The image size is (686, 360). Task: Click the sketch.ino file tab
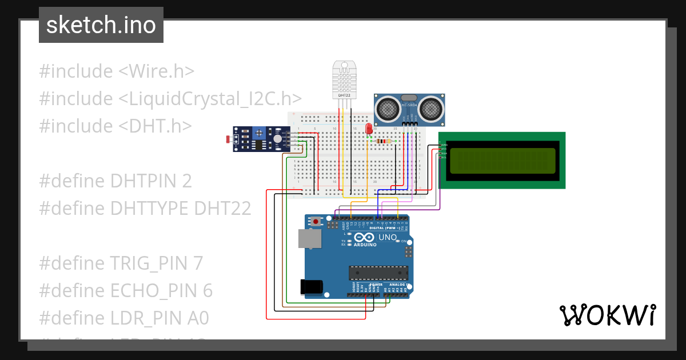101,25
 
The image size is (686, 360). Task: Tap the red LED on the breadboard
369,129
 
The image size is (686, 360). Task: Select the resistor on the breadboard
385,141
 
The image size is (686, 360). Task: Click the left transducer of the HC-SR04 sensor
388,107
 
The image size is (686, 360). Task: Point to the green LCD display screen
502,161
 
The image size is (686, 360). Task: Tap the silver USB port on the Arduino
309,239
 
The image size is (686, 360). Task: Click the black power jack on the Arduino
312,286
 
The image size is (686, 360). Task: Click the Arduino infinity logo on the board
364,237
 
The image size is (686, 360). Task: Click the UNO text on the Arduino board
388,237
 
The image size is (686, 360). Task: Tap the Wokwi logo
607,315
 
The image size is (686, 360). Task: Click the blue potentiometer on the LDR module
260,133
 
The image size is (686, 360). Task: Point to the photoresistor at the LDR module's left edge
230,139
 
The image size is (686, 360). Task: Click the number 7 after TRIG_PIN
197,263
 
